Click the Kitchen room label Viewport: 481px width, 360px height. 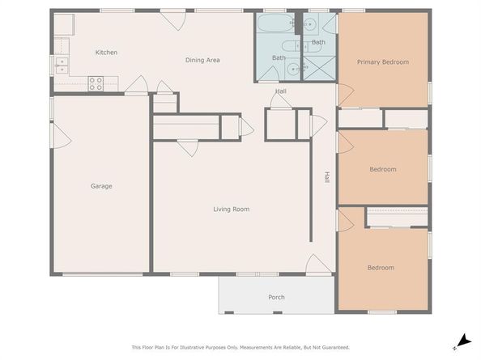106,53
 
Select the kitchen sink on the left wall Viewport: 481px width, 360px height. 60,65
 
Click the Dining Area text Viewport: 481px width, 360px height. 202,60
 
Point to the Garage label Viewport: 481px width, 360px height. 101,186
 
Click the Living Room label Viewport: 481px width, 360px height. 231,210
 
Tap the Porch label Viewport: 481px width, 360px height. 276,297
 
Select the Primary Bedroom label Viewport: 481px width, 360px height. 383,62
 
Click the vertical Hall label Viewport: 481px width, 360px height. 326,176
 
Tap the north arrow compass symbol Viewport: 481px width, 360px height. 462,341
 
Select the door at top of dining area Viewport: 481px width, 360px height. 173,19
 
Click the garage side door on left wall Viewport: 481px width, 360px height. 60,135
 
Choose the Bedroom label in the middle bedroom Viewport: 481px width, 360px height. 382,169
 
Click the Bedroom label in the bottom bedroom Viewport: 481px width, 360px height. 381,268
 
